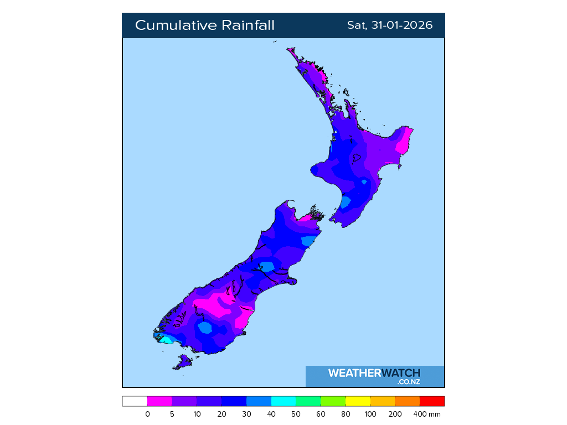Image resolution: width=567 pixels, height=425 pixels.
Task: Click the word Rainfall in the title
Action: click(248, 25)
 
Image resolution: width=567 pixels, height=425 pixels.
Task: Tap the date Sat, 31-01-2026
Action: click(389, 25)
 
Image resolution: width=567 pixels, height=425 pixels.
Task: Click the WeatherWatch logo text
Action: click(374, 373)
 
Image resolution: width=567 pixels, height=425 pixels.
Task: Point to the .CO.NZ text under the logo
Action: click(409, 382)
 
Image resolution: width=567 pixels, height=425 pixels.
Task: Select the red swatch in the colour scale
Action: click(432, 401)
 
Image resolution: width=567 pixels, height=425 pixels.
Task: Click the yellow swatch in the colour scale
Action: click(358, 401)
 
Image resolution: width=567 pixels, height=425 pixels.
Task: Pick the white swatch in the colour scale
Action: click(135, 401)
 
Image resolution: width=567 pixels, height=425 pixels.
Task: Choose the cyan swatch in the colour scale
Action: click(283, 401)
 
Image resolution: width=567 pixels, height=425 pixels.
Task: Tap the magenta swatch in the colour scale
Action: click(159, 401)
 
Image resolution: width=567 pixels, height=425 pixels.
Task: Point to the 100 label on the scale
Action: click(370, 414)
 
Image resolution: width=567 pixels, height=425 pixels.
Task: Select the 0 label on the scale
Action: click(147, 414)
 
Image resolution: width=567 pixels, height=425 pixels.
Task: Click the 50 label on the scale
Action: click(296, 414)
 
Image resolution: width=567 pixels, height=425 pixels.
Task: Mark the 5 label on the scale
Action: click(172, 414)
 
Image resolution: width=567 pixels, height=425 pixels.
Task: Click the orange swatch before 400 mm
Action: click(407, 401)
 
